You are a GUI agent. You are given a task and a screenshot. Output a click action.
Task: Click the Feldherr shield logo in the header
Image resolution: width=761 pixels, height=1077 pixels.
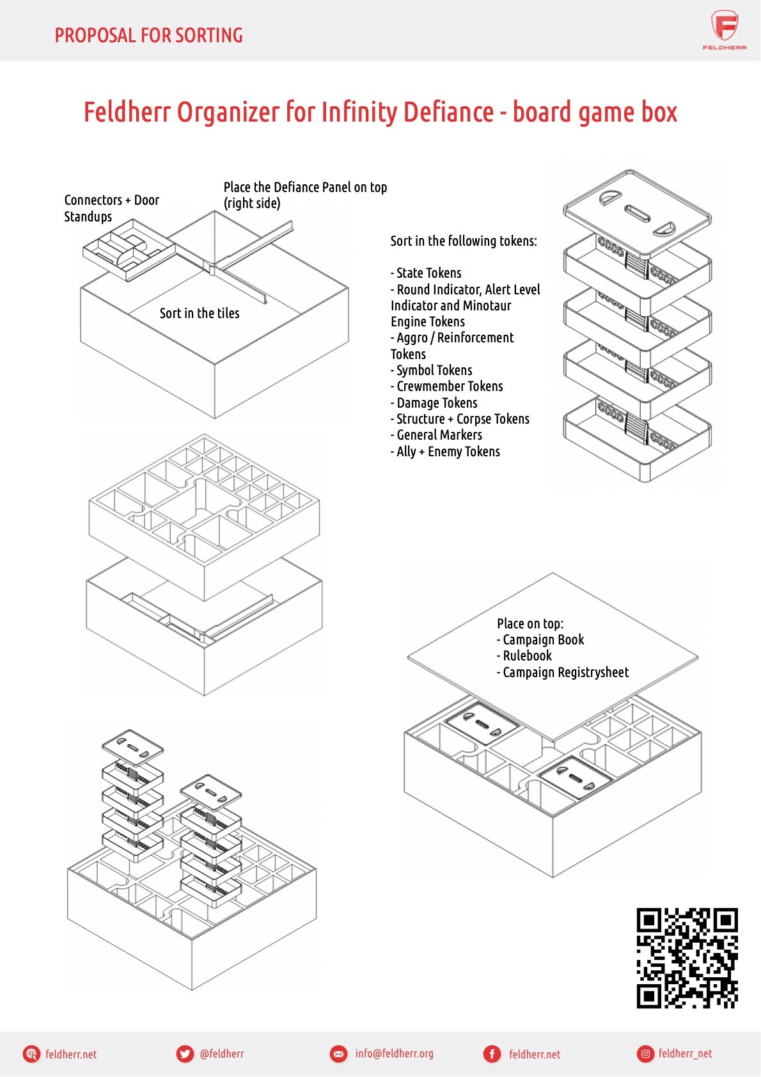(725, 27)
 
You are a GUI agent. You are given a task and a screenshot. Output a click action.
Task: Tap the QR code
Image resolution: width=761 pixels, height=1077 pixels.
(687, 957)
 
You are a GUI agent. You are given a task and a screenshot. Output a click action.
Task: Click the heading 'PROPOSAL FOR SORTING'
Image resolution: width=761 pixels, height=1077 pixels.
(148, 35)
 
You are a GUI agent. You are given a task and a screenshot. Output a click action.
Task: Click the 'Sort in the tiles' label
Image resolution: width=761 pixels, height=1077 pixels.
(200, 314)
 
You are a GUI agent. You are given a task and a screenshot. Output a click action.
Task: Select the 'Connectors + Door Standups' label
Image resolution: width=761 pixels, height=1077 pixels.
(111, 208)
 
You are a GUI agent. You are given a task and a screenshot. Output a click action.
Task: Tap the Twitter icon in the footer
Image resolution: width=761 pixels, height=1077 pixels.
(185, 1054)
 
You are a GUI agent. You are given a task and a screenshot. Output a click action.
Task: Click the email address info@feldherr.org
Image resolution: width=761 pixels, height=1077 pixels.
(394, 1054)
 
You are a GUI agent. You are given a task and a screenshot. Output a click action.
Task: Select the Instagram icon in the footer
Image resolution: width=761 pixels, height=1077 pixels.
(645, 1054)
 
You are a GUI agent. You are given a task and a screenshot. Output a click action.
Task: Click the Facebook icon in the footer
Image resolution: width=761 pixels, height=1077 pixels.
(492, 1054)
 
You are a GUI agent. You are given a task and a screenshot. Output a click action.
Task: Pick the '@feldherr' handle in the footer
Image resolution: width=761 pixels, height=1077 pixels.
(222, 1054)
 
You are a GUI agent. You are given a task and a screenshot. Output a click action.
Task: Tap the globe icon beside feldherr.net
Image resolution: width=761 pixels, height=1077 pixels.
(31, 1054)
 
